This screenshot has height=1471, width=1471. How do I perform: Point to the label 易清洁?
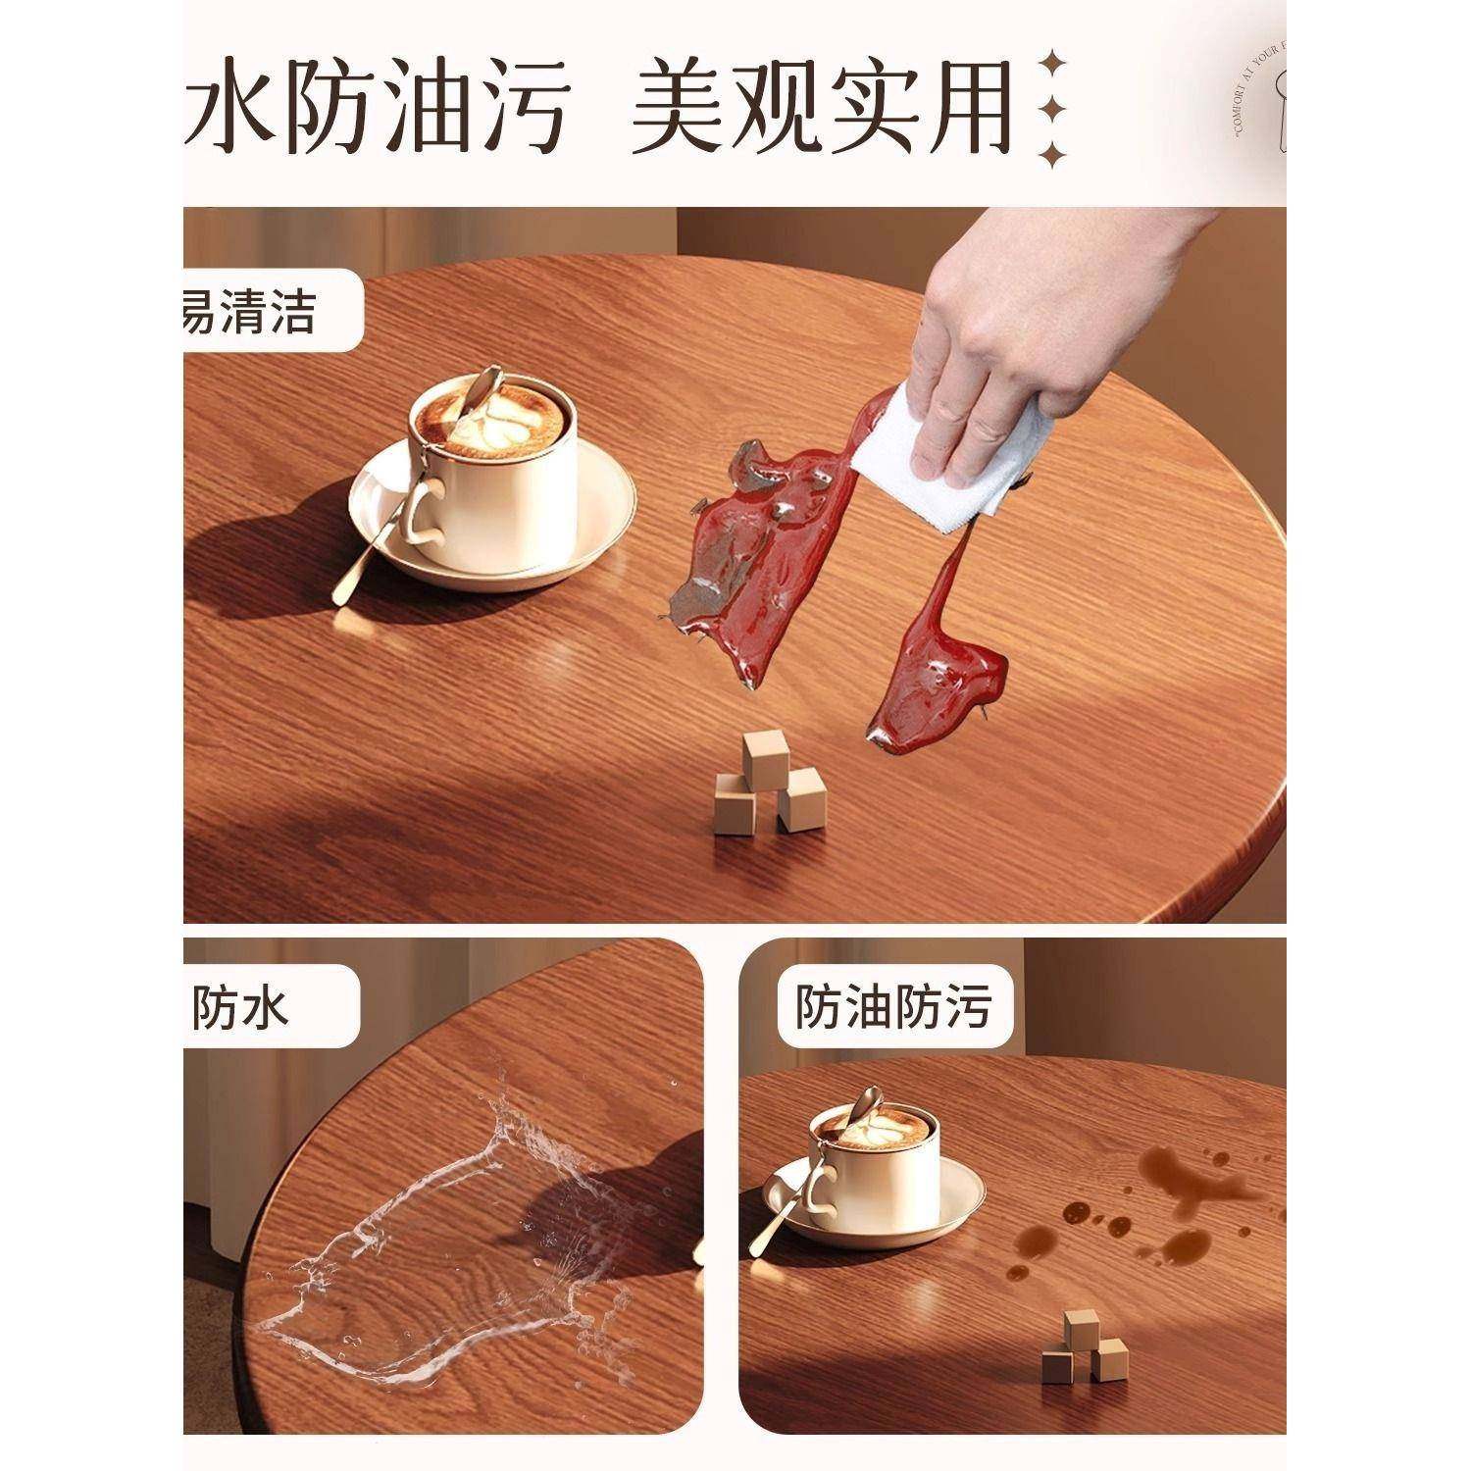250,312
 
